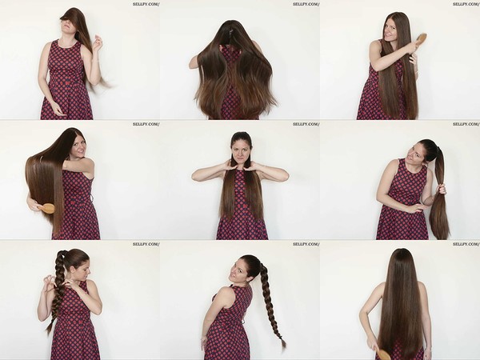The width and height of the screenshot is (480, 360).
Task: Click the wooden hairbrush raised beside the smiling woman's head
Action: click(x=421, y=40)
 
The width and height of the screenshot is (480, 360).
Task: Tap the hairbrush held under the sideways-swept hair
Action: click(x=47, y=208)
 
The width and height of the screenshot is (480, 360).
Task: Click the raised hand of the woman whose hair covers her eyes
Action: click(x=98, y=43)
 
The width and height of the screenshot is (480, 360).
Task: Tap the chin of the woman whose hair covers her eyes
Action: click(x=67, y=32)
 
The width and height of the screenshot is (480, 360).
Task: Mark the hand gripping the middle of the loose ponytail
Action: click(x=442, y=188)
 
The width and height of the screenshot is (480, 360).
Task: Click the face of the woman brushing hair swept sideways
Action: click(x=78, y=147)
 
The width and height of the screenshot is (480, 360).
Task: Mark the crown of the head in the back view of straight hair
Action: click(x=402, y=252)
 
